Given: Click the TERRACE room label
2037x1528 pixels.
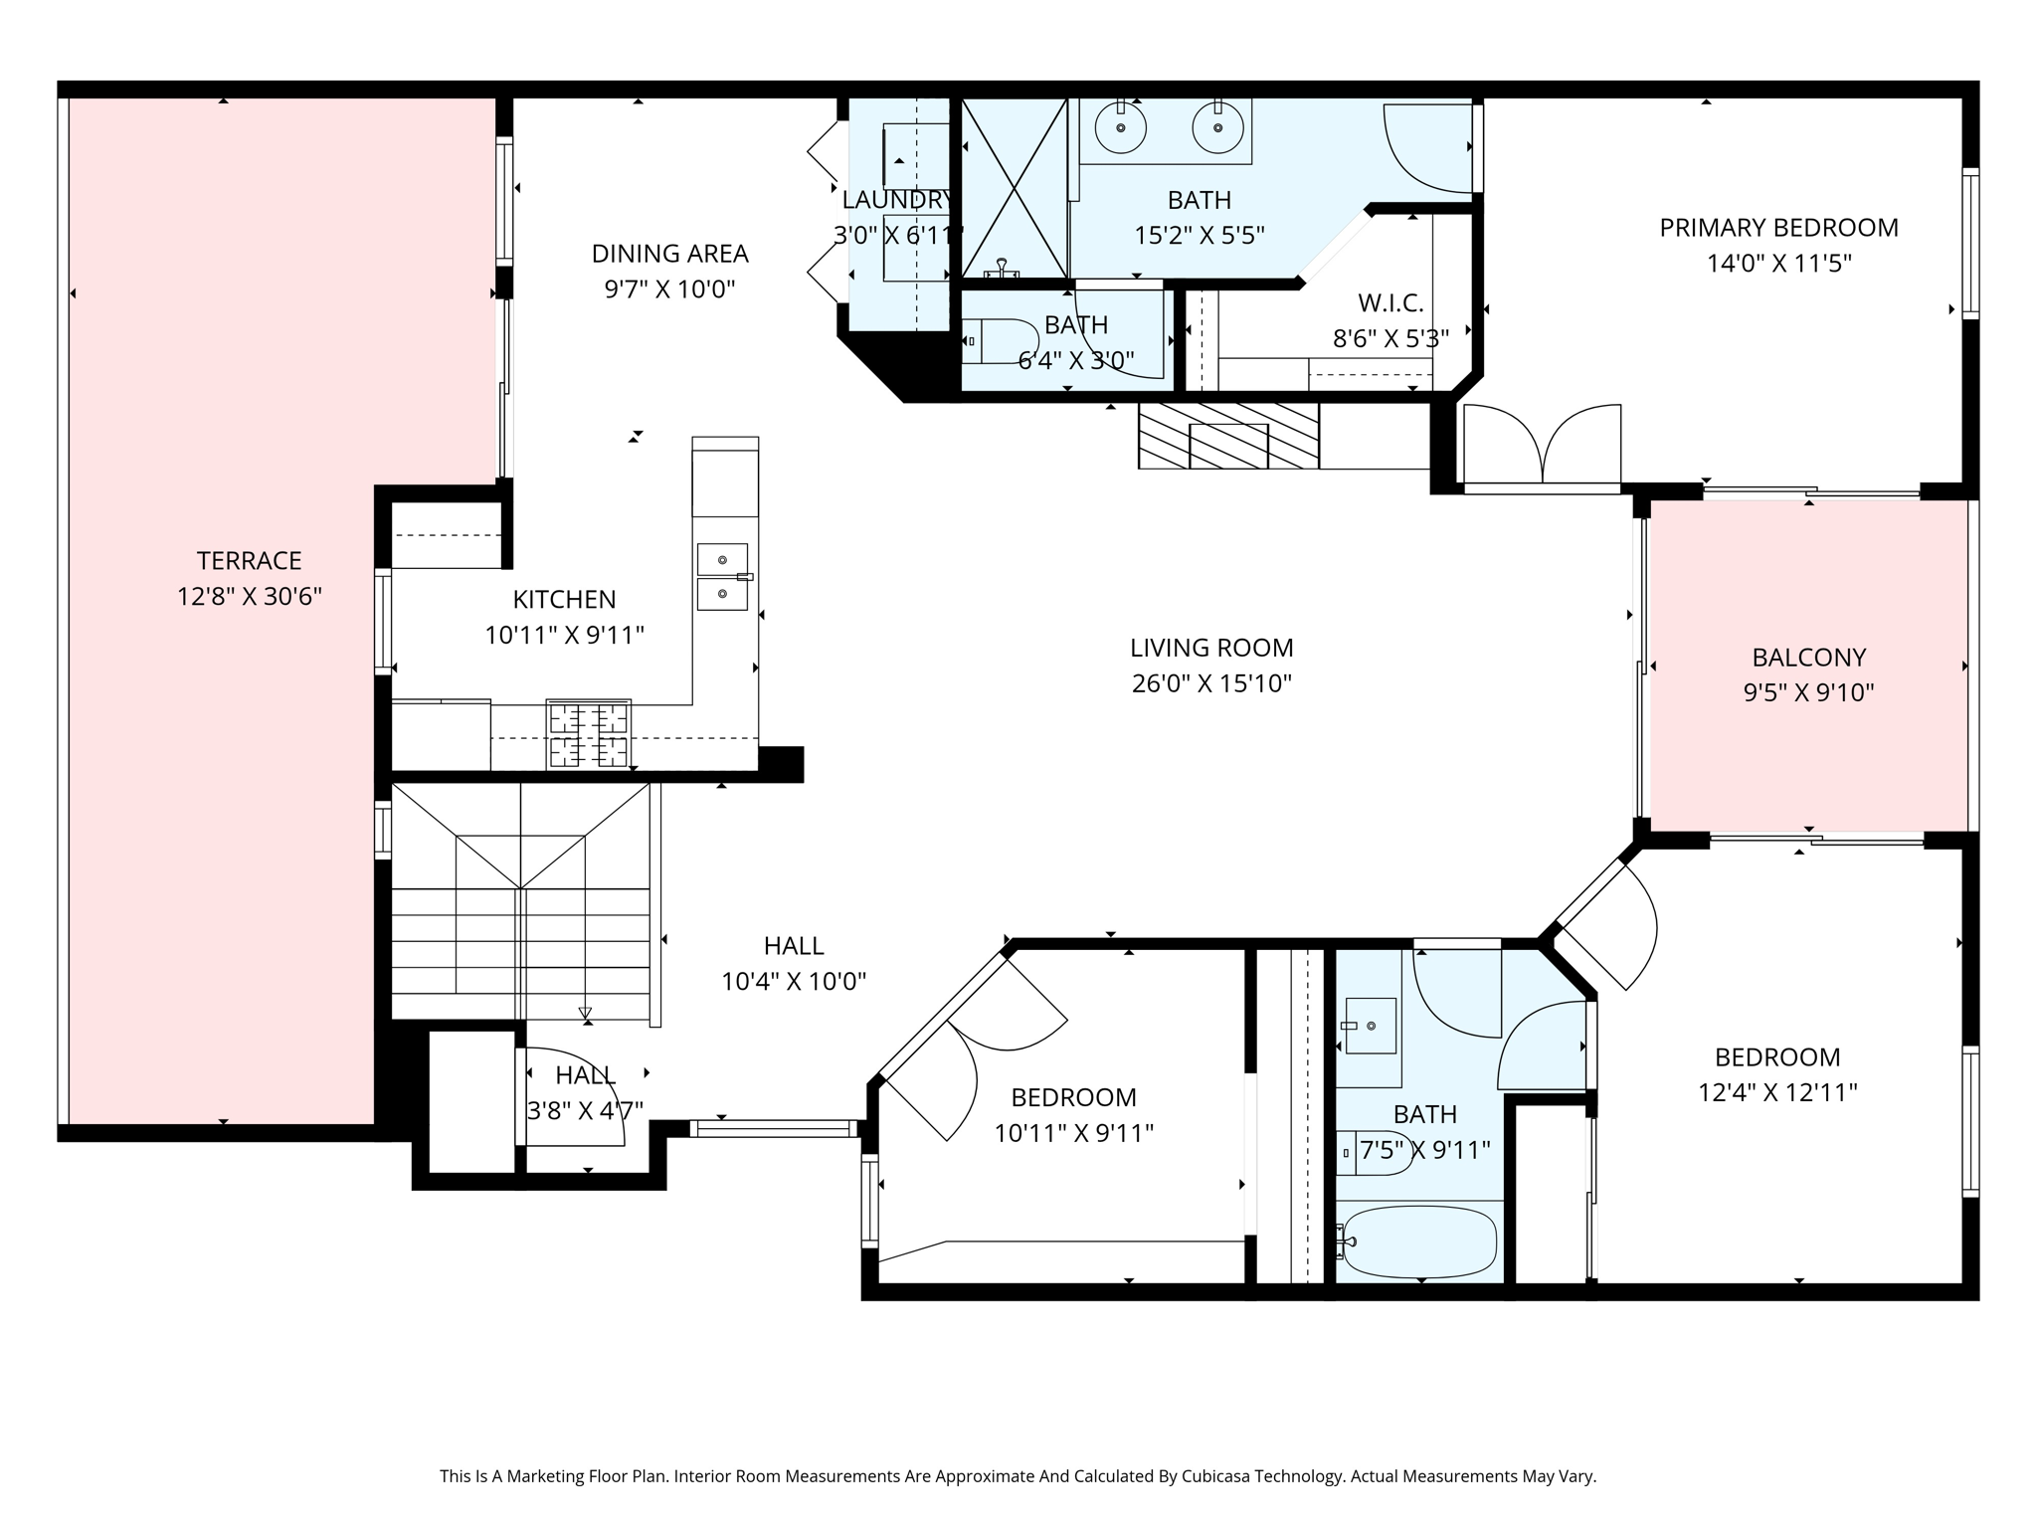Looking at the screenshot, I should [249, 560].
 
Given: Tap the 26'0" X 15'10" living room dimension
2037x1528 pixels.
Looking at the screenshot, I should [1210, 683].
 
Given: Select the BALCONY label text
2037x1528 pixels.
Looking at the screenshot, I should [1808, 657].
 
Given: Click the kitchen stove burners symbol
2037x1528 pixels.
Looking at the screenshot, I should [588, 734].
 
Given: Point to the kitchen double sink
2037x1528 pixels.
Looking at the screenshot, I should [722, 577].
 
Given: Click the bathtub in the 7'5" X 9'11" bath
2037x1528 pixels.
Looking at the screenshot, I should [1418, 1242].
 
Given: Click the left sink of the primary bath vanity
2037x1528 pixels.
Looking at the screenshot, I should [1121, 128].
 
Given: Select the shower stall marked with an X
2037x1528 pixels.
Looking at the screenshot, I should [1014, 188].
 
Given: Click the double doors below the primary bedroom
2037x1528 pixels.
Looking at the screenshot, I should [1542, 446].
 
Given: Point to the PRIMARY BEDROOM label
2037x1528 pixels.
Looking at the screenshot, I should [1778, 228].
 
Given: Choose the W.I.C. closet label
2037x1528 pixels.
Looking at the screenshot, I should [1390, 302].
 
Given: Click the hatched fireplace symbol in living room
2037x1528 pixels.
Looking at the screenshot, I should [1228, 435].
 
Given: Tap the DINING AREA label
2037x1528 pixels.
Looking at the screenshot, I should [669, 254].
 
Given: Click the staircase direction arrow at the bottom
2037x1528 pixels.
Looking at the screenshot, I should [586, 1014].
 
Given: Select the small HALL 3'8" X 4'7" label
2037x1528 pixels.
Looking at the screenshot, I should [585, 1075].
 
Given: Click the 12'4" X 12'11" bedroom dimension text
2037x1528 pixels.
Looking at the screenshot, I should [1777, 1092].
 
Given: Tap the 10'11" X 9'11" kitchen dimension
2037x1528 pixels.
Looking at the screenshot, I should [564, 635].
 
